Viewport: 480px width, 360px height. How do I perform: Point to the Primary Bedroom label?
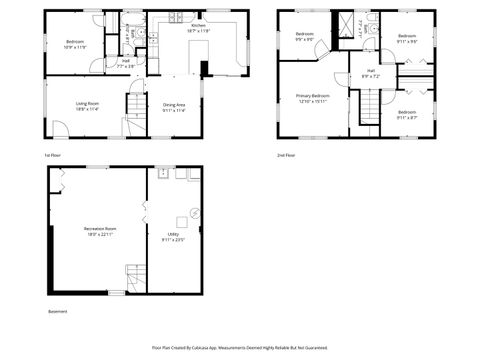[313, 98]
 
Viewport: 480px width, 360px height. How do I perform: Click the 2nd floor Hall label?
[370, 73]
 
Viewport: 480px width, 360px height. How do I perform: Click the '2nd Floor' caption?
[286, 155]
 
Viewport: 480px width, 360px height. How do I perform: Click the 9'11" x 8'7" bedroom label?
[406, 115]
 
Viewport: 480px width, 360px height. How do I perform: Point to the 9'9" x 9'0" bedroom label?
[305, 38]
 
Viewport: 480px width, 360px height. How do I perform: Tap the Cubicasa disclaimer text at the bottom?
[240, 347]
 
